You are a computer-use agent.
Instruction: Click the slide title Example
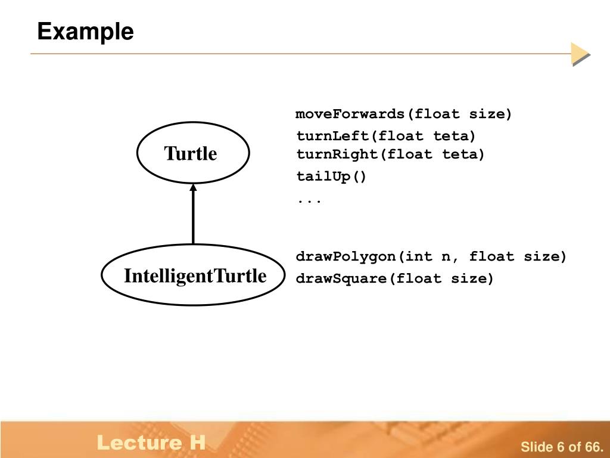pos(85,31)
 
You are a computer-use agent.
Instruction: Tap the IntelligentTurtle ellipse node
pos(194,276)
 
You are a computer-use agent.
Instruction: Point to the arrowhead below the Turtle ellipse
pos(193,187)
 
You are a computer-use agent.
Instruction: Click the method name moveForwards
pos(350,114)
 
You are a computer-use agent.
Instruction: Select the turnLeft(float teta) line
pos(386,135)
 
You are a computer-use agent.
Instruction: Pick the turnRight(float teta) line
pos(391,154)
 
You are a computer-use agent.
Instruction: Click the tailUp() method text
pos(332,177)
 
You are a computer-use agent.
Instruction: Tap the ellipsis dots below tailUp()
pos(309,201)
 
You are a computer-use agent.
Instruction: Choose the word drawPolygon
pos(346,257)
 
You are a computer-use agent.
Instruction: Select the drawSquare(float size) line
pos(395,278)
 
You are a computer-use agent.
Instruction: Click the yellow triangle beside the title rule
pos(580,54)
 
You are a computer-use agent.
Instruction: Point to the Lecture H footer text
pos(151,442)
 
